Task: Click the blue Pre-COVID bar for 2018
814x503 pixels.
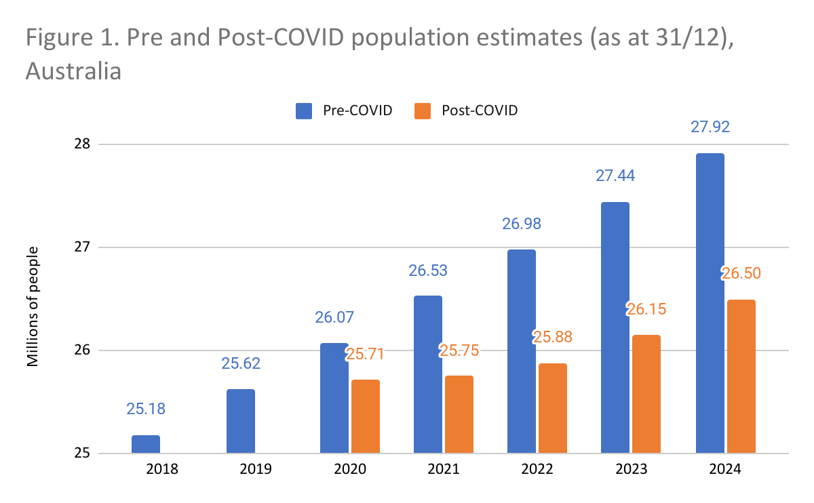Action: point(146,444)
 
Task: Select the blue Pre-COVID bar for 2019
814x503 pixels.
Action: point(240,421)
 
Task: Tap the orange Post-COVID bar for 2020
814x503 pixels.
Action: point(366,416)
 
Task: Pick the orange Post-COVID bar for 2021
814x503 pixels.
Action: point(459,414)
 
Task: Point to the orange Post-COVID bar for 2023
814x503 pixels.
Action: point(646,394)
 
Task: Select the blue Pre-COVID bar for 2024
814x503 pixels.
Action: point(710,303)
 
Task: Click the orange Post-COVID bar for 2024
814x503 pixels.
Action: point(741,376)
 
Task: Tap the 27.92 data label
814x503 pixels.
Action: point(710,127)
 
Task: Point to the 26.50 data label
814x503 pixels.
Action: point(741,273)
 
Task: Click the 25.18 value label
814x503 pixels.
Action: point(146,409)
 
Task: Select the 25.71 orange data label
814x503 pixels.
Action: point(366,353)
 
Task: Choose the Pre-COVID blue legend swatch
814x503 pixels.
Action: point(303,110)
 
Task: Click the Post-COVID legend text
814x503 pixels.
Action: point(479,110)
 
